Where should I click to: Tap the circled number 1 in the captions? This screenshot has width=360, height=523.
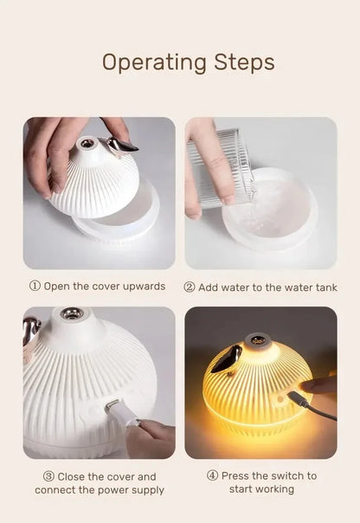[x=35, y=287]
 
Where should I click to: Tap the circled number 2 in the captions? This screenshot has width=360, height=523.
[x=190, y=287]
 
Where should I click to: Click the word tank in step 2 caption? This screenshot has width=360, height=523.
[x=325, y=287]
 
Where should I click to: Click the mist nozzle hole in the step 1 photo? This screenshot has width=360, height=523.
[x=87, y=140]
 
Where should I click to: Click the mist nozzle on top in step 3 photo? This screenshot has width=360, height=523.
[x=73, y=314]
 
